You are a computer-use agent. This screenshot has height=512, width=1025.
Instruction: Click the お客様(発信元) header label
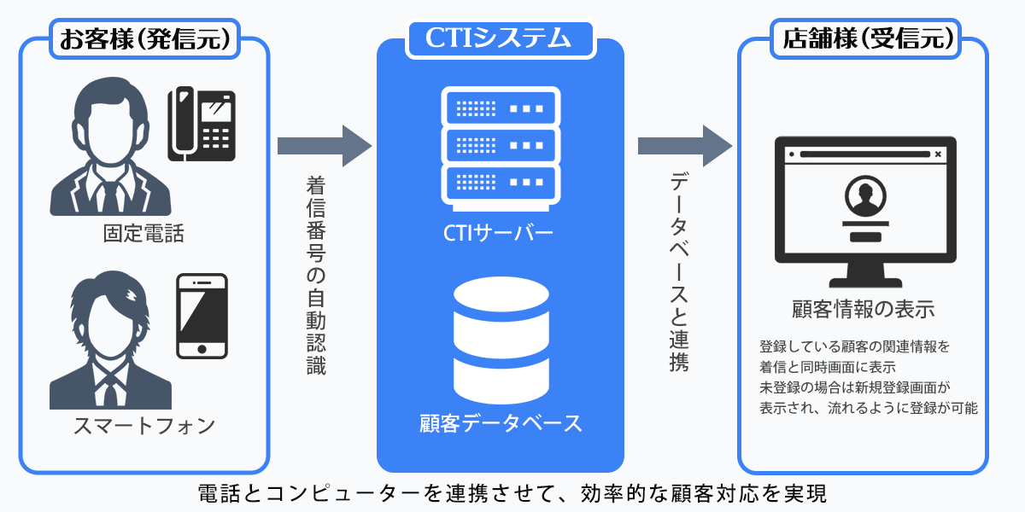tap(144, 38)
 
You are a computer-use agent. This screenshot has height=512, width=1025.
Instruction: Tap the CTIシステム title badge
tap(501, 38)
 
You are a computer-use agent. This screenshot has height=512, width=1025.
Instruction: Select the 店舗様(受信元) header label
tap(862, 38)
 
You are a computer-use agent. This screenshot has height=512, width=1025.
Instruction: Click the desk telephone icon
tap(201, 124)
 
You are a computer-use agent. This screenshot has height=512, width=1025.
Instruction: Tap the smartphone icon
tap(202, 316)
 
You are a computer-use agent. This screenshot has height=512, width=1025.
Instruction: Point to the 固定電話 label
tap(143, 233)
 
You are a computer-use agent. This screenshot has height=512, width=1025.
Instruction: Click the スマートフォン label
tap(143, 426)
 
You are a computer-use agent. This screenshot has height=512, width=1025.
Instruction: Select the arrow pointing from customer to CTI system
tap(325, 146)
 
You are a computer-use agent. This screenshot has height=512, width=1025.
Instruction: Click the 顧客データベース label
tap(501, 422)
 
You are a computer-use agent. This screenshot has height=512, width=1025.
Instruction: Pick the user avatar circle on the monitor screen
tap(863, 197)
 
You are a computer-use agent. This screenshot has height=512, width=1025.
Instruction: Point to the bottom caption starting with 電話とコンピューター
tap(512, 493)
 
